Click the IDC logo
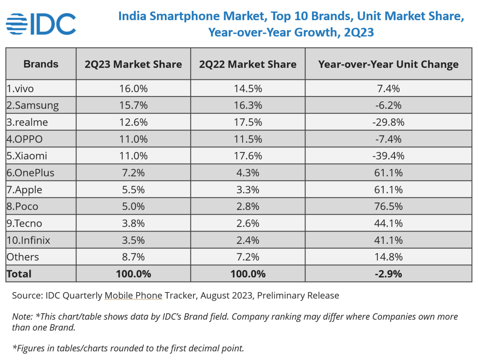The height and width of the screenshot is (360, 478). tap(41, 24)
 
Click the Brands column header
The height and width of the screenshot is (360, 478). tap(41, 64)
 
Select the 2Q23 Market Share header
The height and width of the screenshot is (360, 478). tap(133, 64)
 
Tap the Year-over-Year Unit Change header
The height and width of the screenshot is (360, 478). tap(388, 64)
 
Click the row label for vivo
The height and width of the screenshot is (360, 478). tap(21, 89)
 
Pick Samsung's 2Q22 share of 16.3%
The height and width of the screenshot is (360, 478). tap(248, 105)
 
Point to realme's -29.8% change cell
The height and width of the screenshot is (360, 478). tap(388, 122)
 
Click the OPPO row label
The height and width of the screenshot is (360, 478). tap(25, 139)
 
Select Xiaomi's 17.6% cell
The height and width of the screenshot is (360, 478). tap(248, 156)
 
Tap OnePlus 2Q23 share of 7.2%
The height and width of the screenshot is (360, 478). tap(133, 173)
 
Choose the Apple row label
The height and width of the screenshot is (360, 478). tap(25, 190)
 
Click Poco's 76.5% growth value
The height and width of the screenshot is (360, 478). tap(388, 207)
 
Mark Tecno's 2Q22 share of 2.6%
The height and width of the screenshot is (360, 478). tap(248, 223)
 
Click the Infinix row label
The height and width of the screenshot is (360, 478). tap(29, 240)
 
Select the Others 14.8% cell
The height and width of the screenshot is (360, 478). tap(388, 257)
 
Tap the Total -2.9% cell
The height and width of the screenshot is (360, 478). tap(388, 274)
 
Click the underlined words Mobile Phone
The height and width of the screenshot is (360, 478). tap(133, 295)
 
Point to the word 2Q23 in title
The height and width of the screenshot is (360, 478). tap(358, 32)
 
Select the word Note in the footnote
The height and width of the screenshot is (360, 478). tap(22, 317)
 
